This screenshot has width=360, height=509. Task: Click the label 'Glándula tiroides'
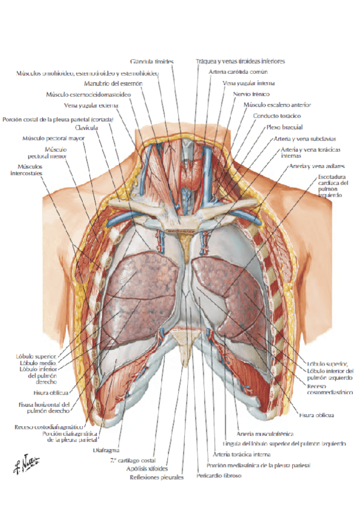(x=152, y=61)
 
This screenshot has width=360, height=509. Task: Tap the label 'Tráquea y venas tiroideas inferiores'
(x=240, y=61)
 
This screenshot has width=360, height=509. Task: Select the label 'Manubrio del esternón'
(x=113, y=83)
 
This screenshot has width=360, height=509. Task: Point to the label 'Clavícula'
(x=83, y=127)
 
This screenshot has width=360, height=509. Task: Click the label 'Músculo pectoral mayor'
(x=53, y=138)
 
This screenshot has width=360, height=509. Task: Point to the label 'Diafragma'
(x=107, y=450)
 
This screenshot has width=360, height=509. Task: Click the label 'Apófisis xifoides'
(x=147, y=468)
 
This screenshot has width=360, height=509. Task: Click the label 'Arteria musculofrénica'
(x=265, y=433)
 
